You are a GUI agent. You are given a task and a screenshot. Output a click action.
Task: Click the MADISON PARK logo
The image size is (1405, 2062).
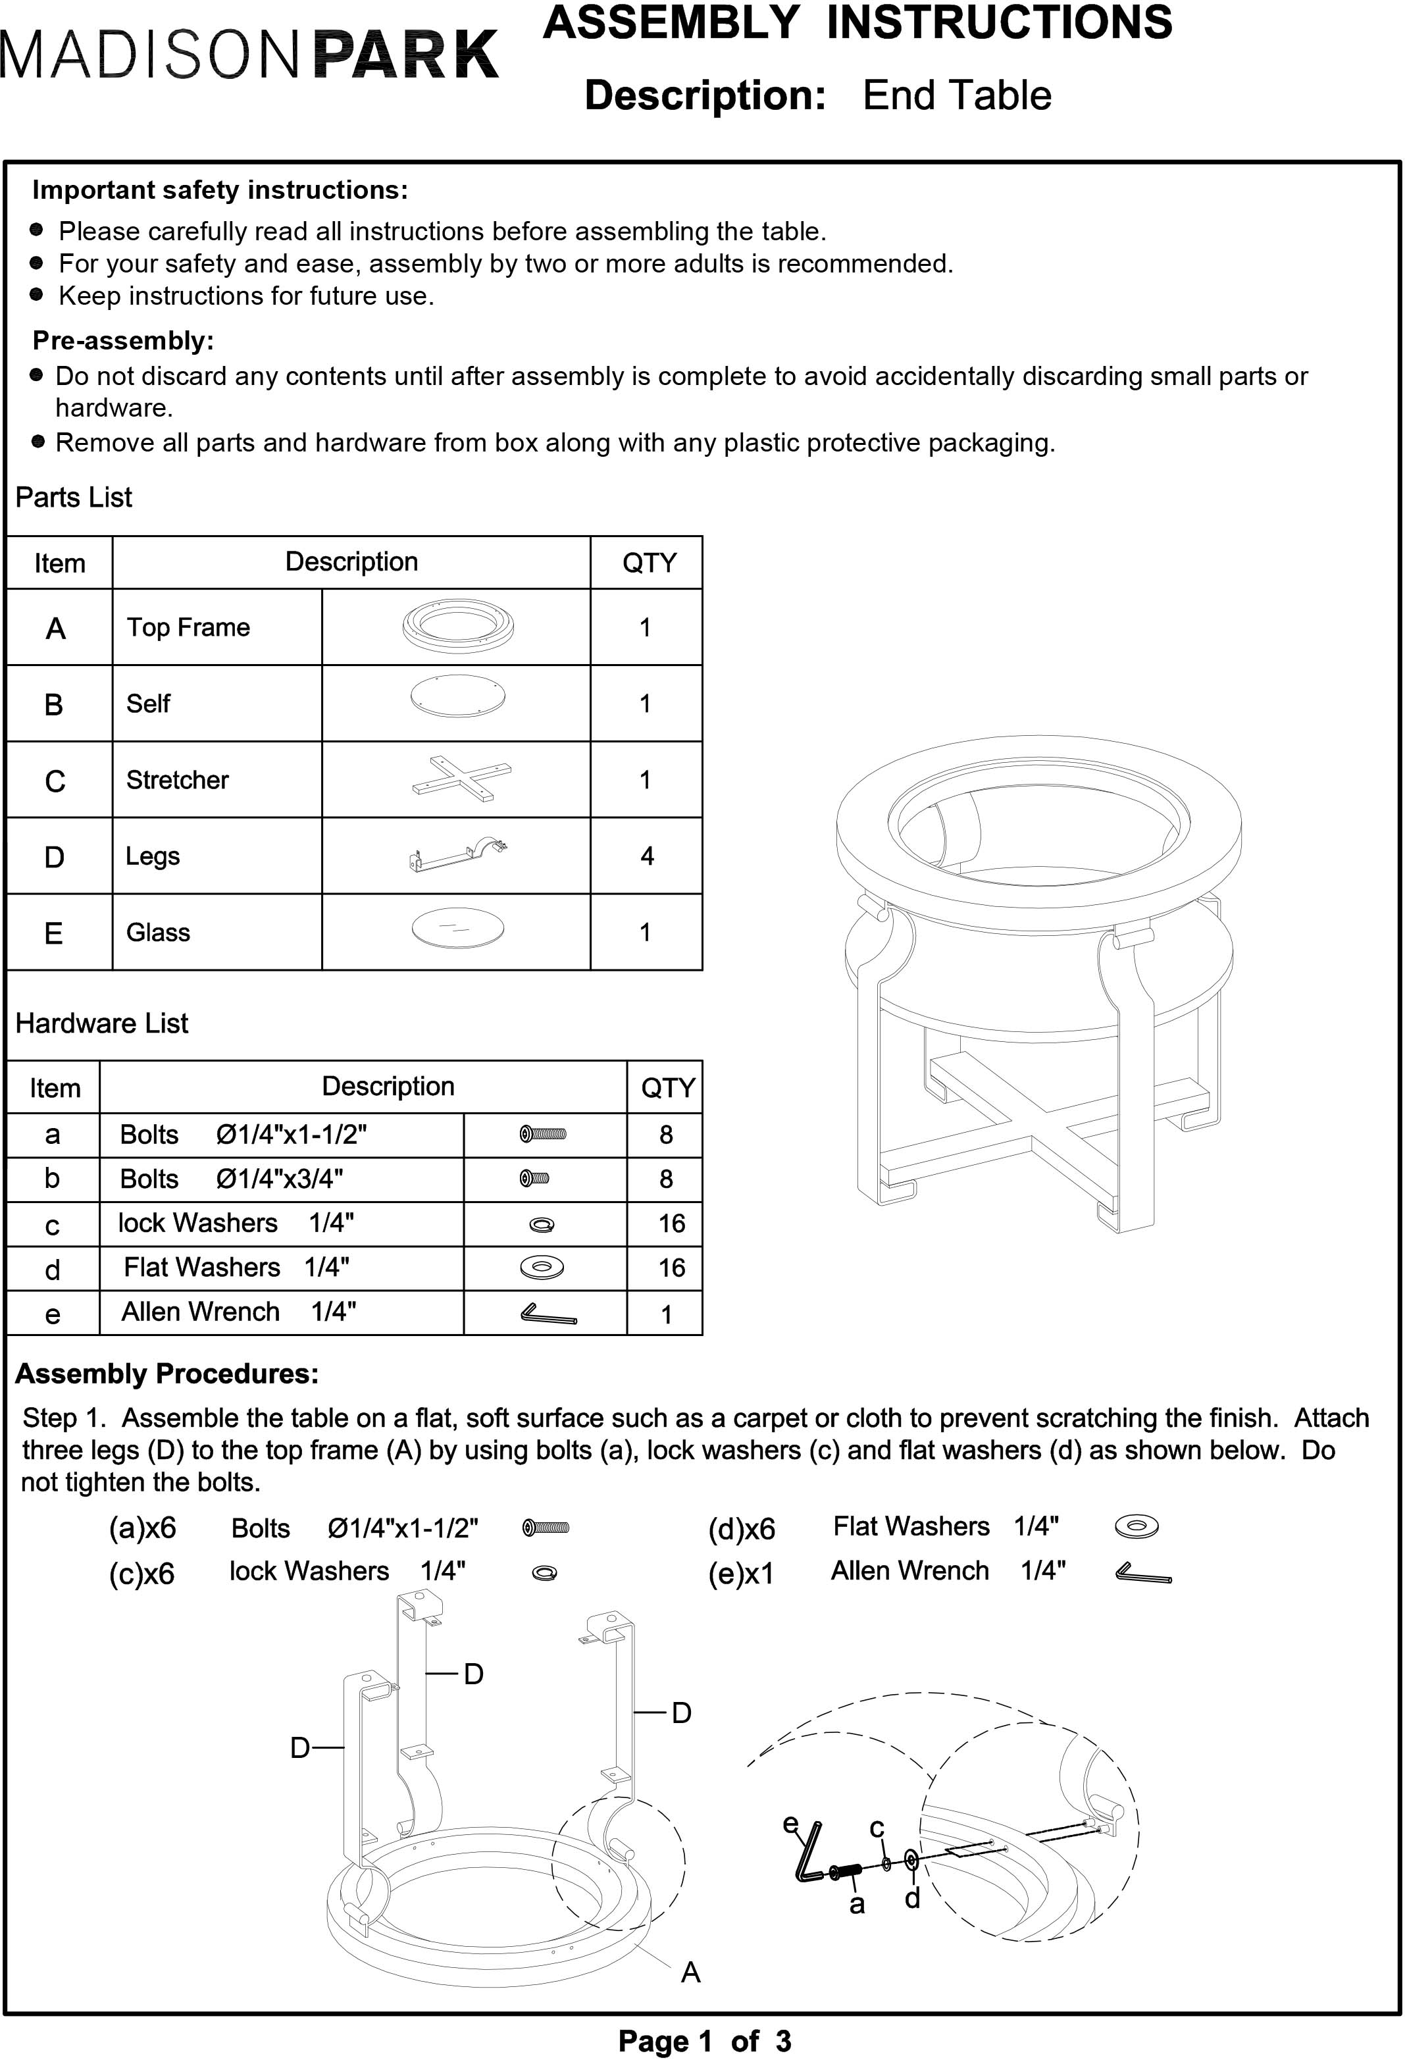click(249, 55)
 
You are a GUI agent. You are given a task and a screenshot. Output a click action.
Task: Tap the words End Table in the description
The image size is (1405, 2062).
click(956, 96)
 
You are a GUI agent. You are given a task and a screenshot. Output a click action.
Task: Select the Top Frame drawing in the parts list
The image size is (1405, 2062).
click(457, 627)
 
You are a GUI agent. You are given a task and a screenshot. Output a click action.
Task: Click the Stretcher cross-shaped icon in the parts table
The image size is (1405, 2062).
click(462, 779)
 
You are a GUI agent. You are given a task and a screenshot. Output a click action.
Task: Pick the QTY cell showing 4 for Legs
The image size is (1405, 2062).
click(647, 856)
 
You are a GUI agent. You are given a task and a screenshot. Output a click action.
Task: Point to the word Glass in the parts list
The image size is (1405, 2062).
click(158, 933)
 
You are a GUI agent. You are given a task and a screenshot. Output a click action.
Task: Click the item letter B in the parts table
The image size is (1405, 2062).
click(54, 704)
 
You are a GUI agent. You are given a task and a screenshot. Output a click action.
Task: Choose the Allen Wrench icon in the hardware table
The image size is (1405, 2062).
click(548, 1313)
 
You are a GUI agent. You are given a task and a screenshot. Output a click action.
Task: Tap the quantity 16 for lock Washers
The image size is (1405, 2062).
click(671, 1224)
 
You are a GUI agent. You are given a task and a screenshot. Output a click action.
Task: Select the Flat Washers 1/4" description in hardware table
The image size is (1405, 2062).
click(236, 1267)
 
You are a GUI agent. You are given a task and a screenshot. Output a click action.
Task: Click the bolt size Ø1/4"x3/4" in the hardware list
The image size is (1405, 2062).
click(280, 1179)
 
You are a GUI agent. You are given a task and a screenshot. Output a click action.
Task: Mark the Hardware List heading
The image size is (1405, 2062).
click(102, 1023)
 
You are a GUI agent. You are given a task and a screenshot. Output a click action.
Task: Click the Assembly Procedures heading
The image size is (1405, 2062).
click(166, 1374)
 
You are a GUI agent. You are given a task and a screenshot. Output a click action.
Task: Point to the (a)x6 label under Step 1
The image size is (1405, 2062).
click(142, 1528)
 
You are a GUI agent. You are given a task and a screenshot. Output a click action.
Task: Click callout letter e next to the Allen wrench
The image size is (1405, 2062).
click(790, 1824)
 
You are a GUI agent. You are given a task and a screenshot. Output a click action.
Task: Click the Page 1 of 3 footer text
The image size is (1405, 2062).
click(704, 2042)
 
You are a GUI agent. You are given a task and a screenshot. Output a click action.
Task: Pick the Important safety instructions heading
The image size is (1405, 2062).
click(220, 190)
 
